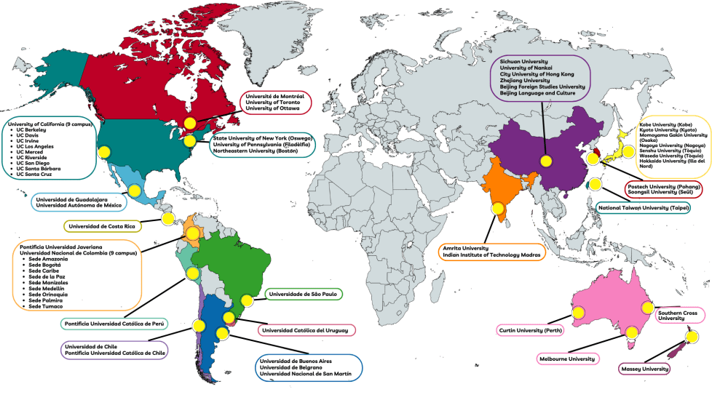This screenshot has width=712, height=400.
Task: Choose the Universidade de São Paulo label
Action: pyautogui.click(x=301, y=295)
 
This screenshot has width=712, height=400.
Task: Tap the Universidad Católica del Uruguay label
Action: pyautogui.click(x=306, y=330)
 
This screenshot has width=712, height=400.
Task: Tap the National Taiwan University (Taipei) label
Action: pyautogui.click(x=644, y=208)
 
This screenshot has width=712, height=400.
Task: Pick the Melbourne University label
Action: pyautogui.click(x=567, y=359)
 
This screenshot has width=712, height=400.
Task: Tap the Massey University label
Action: pyautogui.click(x=644, y=369)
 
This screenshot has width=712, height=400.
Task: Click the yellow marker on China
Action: pyautogui.click(x=545, y=161)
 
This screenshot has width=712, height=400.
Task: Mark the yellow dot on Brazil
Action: pyautogui.click(x=247, y=300)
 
